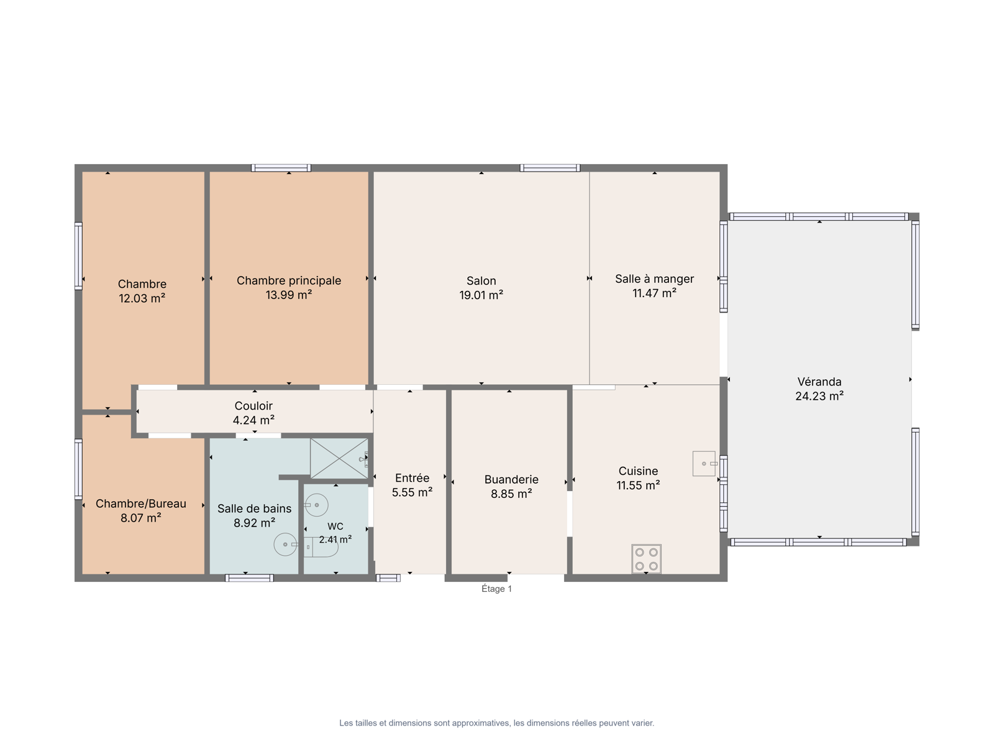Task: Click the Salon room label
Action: click(x=481, y=280)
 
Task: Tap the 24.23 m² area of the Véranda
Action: click(x=819, y=396)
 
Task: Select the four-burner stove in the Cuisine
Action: click(x=646, y=558)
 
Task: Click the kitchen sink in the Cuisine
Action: click(x=704, y=463)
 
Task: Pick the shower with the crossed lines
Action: click(x=339, y=458)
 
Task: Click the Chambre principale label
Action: click(x=288, y=280)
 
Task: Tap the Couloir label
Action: click(x=253, y=405)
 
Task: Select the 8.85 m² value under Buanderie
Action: click(x=511, y=493)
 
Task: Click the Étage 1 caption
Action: click(x=496, y=588)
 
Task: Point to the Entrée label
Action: click(x=412, y=477)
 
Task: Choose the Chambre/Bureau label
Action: click(x=141, y=503)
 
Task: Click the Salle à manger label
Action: click(x=654, y=279)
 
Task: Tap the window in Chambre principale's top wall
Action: click(x=281, y=168)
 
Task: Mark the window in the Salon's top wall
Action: click(x=550, y=168)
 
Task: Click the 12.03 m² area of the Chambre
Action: click(x=142, y=298)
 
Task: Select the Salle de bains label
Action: click(x=254, y=508)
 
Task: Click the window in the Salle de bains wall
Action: click(x=249, y=578)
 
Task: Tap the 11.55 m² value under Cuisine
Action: click(x=637, y=485)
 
